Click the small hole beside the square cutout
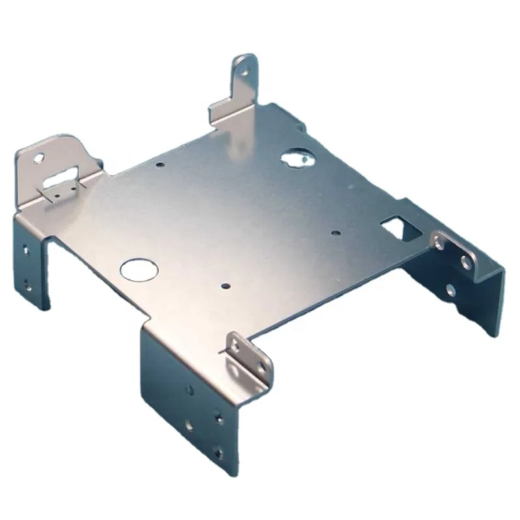pos(334,232)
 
